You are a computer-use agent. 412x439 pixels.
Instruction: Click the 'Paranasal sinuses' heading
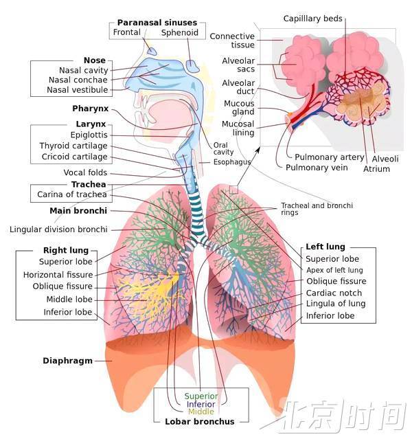pyautogui.click(x=157, y=23)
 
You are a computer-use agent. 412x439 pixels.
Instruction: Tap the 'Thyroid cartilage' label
pyautogui.click(x=73, y=146)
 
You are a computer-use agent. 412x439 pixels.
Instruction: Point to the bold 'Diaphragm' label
pyautogui.click(x=67, y=360)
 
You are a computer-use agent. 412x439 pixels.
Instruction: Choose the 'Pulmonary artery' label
pyautogui.click(x=329, y=157)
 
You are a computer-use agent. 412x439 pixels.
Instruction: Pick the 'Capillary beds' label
pyautogui.click(x=314, y=18)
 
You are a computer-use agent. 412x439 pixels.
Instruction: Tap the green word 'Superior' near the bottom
pyautogui.click(x=201, y=396)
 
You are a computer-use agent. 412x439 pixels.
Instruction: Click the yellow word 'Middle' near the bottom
pyautogui.click(x=201, y=412)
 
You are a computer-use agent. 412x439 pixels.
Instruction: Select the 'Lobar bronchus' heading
pyautogui.click(x=200, y=422)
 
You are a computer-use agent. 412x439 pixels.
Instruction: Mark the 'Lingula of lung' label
pyautogui.click(x=335, y=304)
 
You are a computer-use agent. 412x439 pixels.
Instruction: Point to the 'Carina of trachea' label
pyautogui.click(x=71, y=195)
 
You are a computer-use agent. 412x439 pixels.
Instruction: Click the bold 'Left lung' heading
pyautogui.click(x=325, y=247)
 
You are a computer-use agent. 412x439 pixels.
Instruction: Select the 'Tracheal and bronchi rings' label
pyautogui.click(x=316, y=210)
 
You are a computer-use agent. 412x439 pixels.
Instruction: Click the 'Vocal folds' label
pyautogui.click(x=85, y=172)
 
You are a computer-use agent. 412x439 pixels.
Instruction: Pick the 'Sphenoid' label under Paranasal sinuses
pyautogui.click(x=180, y=33)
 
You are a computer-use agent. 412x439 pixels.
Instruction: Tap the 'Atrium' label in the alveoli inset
pyautogui.click(x=376, y=168)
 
